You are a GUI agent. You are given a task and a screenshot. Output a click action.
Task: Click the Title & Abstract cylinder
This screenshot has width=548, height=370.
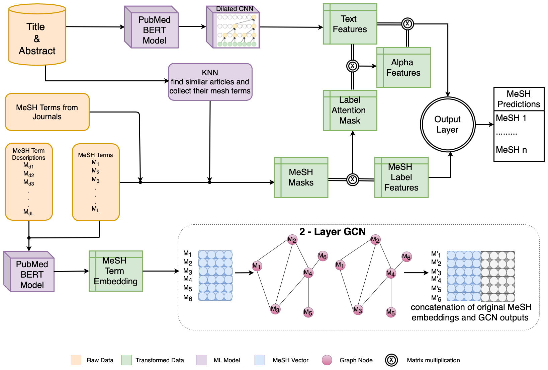(37, 34)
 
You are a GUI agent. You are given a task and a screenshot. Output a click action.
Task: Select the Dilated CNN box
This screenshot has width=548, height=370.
(233, 27)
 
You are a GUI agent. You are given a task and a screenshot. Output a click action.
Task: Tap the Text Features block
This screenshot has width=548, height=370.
(350, 24)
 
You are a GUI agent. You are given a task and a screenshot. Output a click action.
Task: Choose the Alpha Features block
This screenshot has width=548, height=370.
(404, 67)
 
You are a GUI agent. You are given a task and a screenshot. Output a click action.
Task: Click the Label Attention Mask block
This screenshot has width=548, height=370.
(350, 110)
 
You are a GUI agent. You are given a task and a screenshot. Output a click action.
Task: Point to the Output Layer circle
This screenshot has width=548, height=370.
(448, 125)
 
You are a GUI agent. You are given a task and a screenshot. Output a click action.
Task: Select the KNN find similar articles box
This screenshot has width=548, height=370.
(210, 82)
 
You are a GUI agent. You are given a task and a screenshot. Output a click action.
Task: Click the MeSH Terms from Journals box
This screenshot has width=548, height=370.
(47, 112)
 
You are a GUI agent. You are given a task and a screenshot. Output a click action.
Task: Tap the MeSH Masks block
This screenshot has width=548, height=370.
(301, 177)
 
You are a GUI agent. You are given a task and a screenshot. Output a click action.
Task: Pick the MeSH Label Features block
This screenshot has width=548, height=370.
(401, 177)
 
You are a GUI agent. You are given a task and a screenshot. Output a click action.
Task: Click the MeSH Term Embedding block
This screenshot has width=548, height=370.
(116, 271)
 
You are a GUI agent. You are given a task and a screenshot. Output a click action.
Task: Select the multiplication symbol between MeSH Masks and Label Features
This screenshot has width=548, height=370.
(353, 179)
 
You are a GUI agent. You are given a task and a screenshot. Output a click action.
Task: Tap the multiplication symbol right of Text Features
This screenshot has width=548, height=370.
(407, 24)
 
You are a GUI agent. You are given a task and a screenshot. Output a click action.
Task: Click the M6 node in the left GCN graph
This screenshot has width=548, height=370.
(323, 256)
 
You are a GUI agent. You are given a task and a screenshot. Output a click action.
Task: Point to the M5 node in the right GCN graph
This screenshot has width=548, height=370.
(391, 312)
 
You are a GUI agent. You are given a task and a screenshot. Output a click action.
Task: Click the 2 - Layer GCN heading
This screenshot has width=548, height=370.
(333, 232)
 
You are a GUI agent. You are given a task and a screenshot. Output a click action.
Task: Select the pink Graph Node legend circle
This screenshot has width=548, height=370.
(327, 360)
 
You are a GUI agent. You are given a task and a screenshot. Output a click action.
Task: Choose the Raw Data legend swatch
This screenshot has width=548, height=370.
(76, 360)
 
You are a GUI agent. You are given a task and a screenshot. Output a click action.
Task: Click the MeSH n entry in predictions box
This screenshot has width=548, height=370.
(511, 150)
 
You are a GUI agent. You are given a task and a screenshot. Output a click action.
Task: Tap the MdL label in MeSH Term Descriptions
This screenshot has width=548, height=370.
(29, 212)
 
